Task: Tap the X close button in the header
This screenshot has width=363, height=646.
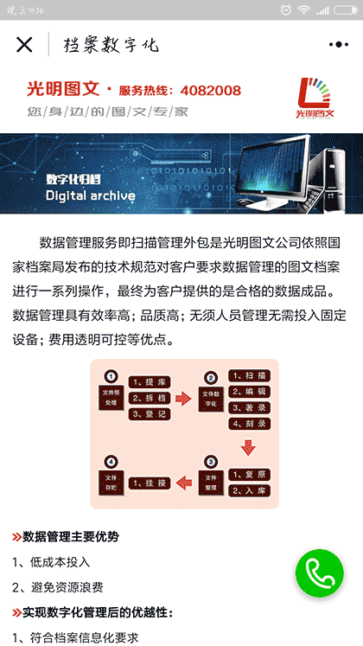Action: coord(24,45)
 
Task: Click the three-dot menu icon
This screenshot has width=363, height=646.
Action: coord(338,45)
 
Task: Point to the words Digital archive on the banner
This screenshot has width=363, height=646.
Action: coord(90,195)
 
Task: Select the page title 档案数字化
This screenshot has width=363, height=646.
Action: coord(111,45)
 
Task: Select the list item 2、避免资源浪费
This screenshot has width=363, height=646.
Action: coord(58,587)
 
